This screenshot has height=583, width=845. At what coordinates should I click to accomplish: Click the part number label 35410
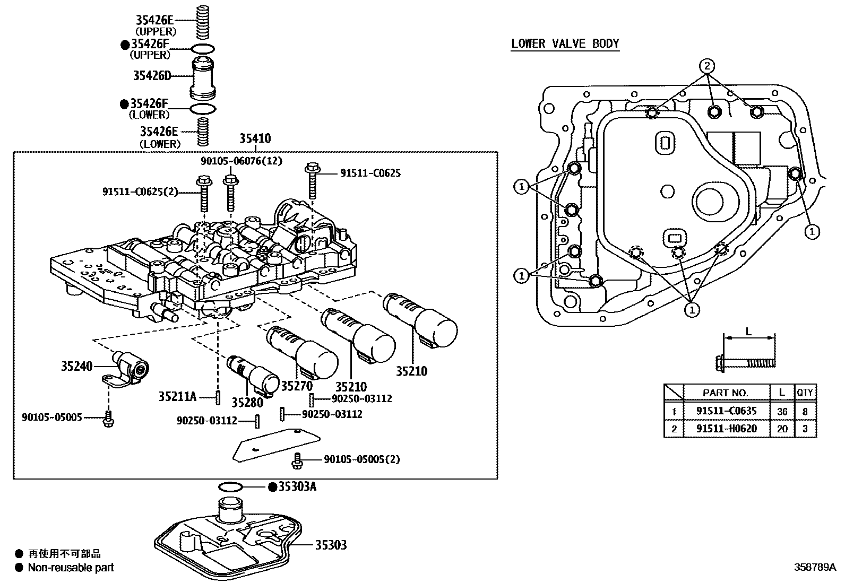pos(255,139)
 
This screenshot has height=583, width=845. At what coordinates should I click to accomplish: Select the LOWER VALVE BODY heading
pos(565,43)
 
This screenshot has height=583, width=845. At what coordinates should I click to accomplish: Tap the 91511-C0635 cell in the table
pos(726,411)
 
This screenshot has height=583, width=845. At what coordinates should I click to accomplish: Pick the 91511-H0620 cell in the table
pos(726,429)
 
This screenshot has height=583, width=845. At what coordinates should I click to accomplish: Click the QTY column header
pos(805,393)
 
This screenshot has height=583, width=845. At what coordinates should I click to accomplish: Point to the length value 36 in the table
pos(782,411)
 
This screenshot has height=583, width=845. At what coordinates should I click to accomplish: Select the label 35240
pos(76,366)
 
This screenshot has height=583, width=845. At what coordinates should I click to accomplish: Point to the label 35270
pos(297,387)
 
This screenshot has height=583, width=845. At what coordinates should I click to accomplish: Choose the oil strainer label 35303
pos(331,545)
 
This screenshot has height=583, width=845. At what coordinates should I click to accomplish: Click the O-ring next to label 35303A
pos(231,487)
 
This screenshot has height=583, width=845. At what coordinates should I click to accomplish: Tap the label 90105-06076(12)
pos(241,161)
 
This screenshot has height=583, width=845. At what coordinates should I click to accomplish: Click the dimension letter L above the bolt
pos(748,332)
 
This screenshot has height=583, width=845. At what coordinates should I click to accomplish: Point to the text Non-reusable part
pos(71,568)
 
